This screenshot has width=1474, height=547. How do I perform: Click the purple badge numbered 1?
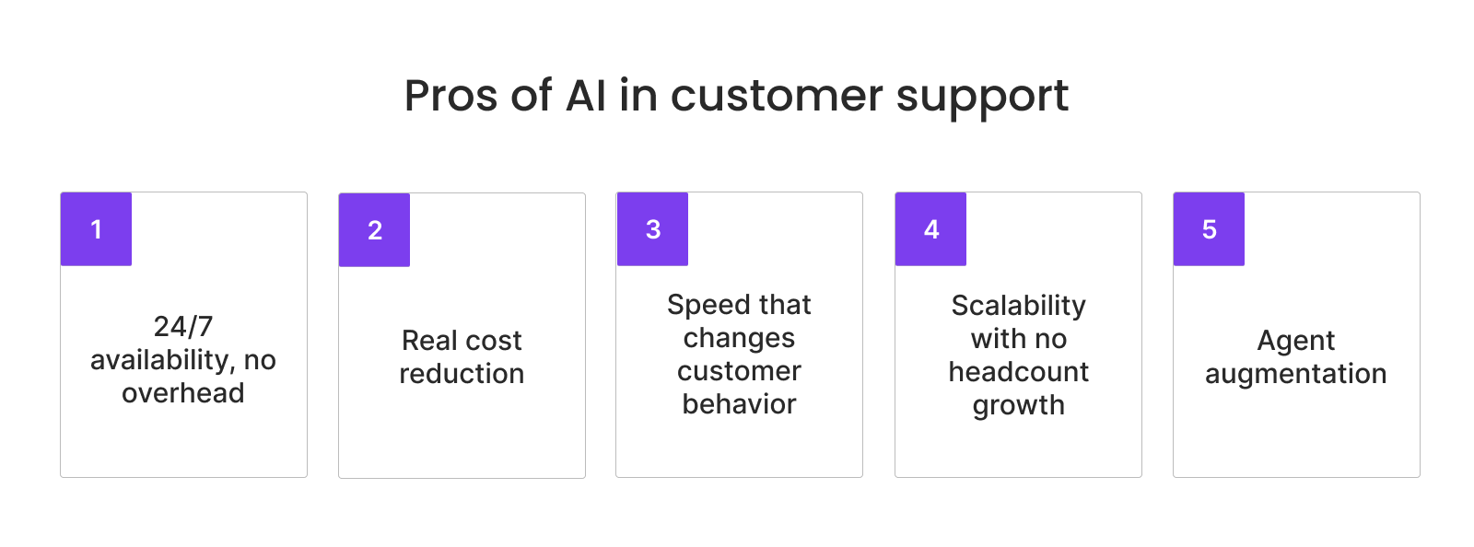pyautogui.click(x=96, y=229)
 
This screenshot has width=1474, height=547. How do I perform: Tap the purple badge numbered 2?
pyautogui.click(x=374, y=230)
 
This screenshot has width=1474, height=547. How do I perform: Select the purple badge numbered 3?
pyautogui.click(x=652, y=229)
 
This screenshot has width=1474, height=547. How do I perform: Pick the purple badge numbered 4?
pyautogui.click(x=930, y=229)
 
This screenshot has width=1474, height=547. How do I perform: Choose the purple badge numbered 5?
pyautogui.click(x=1209, y=229)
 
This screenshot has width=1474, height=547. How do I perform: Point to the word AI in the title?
pyautogui.click(x=586, y=96)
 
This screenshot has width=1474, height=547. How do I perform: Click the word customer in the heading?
pyautogui.click(x=777, y=96)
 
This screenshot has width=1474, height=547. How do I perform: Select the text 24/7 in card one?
pyautogui.click(x=183, y=327)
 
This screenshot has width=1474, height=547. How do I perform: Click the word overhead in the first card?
pyautogui.click(x=183, y=393)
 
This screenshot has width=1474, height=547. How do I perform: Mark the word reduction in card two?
pyautogui.click(x=462, y=374)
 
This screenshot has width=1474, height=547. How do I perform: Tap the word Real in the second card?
pyautogui.click(x=429, y=341)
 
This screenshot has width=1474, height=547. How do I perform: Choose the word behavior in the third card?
pyautogui.click(x=739, y=404)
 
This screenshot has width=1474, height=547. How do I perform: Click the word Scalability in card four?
pyautogui.click(x=1018, y=306)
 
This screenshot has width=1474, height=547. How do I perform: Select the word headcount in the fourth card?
pyautogui.click(x=1018, y=372)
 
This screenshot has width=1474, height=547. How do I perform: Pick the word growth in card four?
pyautogui.click(x=1018, y=406)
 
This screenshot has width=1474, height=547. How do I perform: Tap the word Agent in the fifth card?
pyautogui.click(x=1295, y=342)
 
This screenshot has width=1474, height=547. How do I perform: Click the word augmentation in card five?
pyautogui.click(x=1295, y=375)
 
